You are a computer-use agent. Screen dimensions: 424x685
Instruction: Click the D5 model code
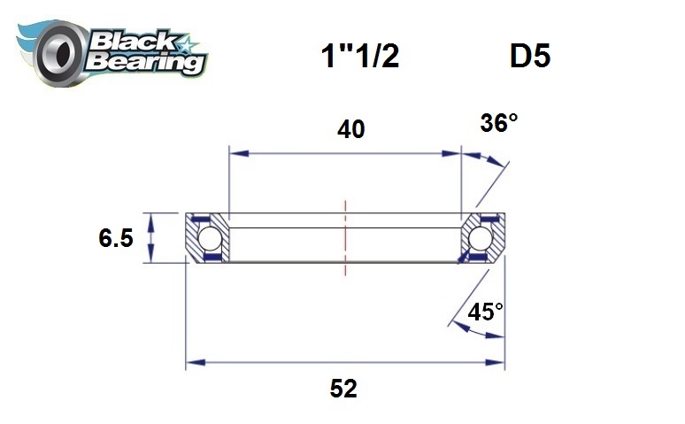(x=530, y=57)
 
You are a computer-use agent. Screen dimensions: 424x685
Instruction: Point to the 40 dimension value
(x=351, y=129)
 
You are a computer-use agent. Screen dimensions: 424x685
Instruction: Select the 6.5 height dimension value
(x=116, y=238)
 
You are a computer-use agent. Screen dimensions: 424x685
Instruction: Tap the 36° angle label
(x=499, y=123)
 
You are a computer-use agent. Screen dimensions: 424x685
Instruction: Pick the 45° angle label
(x=486, y=312)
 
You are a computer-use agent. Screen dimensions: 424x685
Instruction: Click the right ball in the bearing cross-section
(x=481, y=238)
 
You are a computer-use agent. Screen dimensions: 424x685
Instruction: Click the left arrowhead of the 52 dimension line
(x=192, y=363)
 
